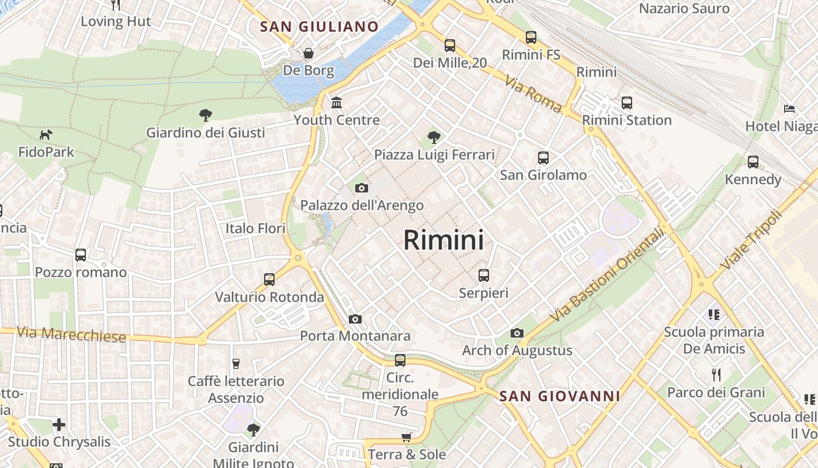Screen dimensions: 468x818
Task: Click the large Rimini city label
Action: pyautogui.click(x=443, y=240)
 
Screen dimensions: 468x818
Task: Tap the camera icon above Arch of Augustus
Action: pyautogui.click(x=517, y=333)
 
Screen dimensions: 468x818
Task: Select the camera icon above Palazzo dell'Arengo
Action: pyautogui.click(x=362, y=188)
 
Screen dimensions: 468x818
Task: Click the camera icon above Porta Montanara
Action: pyautogui.click(x=355, y=319)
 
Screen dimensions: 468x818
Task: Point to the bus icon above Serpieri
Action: pyautogui.click(x=483, y=276)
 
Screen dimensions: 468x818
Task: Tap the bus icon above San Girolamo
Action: pyautogui.click(x=543, y=157)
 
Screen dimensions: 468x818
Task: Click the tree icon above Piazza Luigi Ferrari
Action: pyautogui.click(x=434, y=137)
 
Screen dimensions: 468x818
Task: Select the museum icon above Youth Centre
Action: pyautogui.click(x=337, y=103)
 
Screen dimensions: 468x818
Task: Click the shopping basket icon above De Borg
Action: pyautogui.click(x=308, y=54)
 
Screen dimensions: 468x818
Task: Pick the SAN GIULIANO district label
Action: pyautogui.click(x=320, y=27)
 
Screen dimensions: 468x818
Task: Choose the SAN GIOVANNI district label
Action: pyautogui.click(x=559, y=397)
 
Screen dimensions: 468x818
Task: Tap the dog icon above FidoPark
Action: pyautogui.click(x=46, y=135)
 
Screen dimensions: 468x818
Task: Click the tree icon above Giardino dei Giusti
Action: pyautogui.click(x=205, y=115)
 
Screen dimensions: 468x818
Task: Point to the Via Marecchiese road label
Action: pyautogui.click(x=71, y=335)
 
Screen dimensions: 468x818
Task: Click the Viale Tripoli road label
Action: pyautogui.click(x=751, y=240)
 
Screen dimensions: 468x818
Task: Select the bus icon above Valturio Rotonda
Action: pyautogui.click(x=269, y=280)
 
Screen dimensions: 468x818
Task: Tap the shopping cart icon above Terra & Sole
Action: pyautogui.click(x=406, y=438)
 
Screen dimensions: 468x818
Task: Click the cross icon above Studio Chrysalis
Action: pyautogui.click(x=58, y=424)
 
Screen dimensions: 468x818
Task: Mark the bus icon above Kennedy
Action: pyautogui.click(x=753, y=162)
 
